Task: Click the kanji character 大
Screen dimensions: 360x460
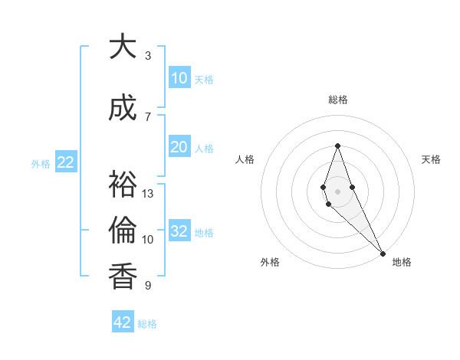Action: tap(123, 47)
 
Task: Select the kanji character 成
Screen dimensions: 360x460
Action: tap(123, 109)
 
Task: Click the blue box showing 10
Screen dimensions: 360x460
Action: tap(179, 78)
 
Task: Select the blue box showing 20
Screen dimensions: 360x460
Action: tap(179, 147)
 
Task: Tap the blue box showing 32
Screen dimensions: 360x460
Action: tap(179, 231)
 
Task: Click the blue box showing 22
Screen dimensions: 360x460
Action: tap(65, 162)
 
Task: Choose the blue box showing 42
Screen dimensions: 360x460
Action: tap(123, 322)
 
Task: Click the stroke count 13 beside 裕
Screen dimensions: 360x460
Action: tap(148, 194)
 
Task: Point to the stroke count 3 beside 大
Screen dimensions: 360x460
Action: tap(148, 56)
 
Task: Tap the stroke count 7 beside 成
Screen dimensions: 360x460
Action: tap(148, 117)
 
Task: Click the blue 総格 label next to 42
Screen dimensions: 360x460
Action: tap(147, 324)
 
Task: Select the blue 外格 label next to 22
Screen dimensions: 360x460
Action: tap(41, 163)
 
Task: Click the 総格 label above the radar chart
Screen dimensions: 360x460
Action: tap(337, 100)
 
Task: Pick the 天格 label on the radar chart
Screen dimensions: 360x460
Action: tap(431, 159)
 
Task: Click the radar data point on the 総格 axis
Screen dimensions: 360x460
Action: tap(337, 146)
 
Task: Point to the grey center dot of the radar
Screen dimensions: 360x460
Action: tap(337, 191)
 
